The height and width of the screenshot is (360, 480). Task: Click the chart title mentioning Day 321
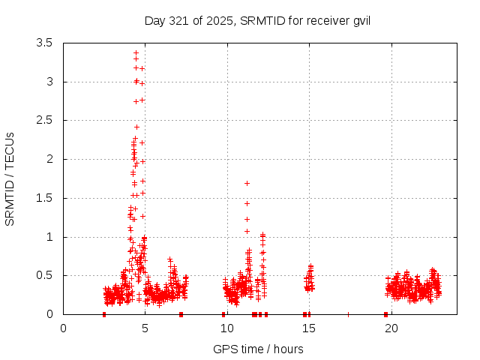click(257, 21)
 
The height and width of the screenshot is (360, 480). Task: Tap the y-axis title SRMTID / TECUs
click(10, 178)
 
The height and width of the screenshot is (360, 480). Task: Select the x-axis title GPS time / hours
click(257, 349)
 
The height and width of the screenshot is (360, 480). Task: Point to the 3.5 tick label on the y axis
click(44, 43)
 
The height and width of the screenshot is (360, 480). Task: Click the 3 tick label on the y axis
click(49, 82)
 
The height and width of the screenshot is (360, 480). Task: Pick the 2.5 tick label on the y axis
click(44, 120)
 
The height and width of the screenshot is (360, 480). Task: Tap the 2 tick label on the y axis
click(49, 159)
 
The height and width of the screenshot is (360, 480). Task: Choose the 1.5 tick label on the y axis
click(44, 198)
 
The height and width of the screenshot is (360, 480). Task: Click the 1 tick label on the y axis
click(49, 237)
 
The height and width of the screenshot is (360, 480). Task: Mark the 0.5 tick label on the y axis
click(44, 275)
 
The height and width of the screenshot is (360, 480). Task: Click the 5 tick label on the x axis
click(145, 328)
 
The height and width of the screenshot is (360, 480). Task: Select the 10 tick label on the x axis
click(227, 328)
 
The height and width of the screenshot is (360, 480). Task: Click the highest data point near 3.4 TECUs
click(136, 53)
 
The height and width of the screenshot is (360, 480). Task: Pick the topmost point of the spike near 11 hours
click(247, 183)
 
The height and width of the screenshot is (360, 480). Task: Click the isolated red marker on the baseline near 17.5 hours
click(348, 314)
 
